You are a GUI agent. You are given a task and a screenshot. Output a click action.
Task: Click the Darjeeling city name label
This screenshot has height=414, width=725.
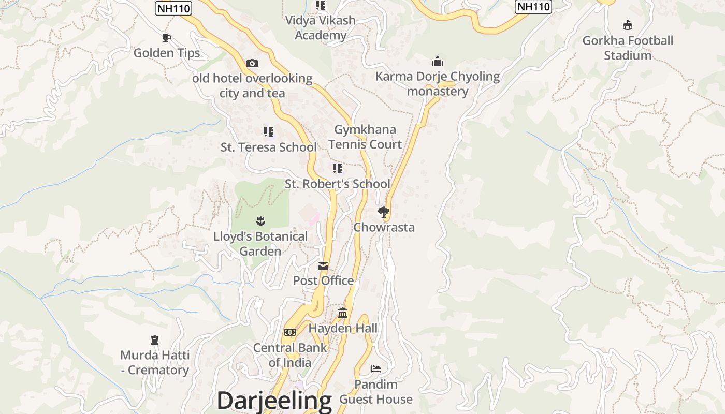tap(274, 401)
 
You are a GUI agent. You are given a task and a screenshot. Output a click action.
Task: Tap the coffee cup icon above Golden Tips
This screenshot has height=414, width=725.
tap(167, 38)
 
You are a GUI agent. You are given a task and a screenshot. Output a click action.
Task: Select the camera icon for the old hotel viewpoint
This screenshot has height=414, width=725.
tap(252, 63)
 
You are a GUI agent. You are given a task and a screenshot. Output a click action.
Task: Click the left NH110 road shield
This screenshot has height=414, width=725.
tap(173, 8)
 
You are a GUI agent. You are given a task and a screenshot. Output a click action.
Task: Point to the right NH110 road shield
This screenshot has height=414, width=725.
tap(533, 7)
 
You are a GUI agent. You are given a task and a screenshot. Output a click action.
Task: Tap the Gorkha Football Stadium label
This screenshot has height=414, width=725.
tap(628, 48)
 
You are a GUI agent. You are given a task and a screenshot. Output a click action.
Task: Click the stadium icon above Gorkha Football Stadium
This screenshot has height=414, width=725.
tap(628, 25)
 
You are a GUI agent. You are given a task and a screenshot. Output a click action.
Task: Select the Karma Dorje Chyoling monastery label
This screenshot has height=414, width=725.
tap(438, 84)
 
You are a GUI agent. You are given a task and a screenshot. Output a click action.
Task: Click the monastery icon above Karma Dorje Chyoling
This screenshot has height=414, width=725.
tap(438, 61)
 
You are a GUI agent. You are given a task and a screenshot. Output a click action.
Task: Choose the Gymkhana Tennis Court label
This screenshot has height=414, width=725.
tap(365, 137)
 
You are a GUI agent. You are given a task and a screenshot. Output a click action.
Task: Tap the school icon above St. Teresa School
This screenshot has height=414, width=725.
tap(268, 132)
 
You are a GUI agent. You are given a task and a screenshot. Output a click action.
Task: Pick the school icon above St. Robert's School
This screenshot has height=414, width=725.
tap(338, 169)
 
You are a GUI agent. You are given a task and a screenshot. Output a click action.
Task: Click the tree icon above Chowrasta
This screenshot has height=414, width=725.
tap(384, 212)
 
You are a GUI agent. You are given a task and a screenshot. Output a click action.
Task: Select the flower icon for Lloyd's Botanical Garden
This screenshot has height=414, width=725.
tap(260, 221)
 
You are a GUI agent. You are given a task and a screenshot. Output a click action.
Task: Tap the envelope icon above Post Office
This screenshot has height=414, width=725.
tap(323, 266)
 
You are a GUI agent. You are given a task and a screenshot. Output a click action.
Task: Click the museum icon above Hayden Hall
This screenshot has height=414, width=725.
tap(343, 313)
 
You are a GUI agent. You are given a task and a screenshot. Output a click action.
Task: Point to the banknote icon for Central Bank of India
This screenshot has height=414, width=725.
tap(290, 332)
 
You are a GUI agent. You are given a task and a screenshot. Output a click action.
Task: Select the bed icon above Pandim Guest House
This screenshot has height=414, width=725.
tap(376, 369)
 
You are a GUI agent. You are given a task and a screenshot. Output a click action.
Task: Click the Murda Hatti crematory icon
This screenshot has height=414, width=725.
tap(154, 340)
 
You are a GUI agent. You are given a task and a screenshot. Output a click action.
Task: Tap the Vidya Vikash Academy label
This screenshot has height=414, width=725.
tap(321, 27)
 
